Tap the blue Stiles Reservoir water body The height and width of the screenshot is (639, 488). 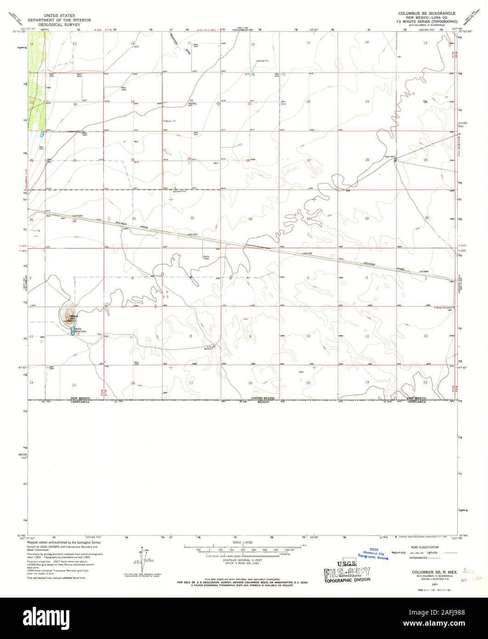[72, 331]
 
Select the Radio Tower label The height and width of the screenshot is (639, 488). [206, 257]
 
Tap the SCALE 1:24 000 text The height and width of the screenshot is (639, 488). [243, 543]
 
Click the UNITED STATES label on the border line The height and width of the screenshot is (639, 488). [263, 398]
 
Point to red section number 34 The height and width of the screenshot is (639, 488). [309, 219]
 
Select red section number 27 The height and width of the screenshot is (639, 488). [309, 160]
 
